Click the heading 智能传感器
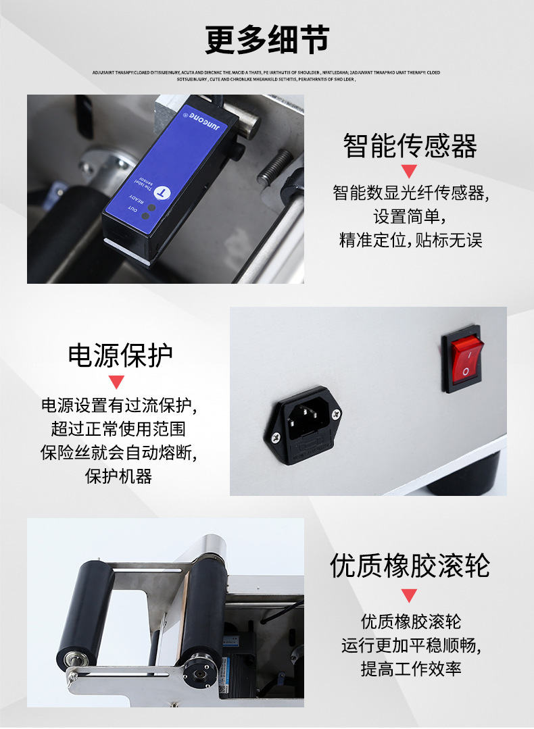410,145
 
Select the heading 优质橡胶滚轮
410,565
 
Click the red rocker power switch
466,357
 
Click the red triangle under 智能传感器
409,171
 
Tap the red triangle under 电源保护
117,382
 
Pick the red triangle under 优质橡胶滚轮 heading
409,595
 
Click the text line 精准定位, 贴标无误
410,240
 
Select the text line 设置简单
410,217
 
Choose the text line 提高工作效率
410,669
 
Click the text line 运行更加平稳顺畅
410,645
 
